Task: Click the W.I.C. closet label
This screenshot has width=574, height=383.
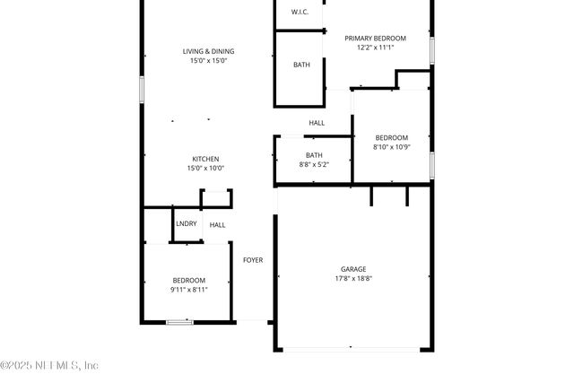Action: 300,12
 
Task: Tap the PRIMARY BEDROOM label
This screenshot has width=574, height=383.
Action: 376,38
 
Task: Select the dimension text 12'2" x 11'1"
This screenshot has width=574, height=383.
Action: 376,48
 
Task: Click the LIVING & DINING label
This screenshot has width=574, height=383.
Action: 208,51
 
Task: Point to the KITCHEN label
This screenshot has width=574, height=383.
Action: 205,159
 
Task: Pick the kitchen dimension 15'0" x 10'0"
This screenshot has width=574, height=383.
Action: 205,169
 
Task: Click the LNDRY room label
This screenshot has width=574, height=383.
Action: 187,223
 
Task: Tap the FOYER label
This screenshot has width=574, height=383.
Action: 253,260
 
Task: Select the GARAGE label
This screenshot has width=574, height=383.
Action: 353,269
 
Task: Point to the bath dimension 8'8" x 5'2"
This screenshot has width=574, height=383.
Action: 314,165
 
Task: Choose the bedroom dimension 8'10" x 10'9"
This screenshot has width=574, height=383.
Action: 391,147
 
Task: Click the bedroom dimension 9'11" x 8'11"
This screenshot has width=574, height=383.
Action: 188,290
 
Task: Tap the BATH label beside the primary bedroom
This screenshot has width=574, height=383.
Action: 302,65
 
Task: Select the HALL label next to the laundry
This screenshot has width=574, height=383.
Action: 218,225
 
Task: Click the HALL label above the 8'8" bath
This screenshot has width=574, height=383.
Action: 317,123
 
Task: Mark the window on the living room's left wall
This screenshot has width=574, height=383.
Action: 141,90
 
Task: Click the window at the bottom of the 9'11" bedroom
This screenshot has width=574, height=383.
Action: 179,321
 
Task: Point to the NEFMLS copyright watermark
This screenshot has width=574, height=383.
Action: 49,365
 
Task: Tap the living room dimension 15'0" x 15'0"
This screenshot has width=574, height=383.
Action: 208,61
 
